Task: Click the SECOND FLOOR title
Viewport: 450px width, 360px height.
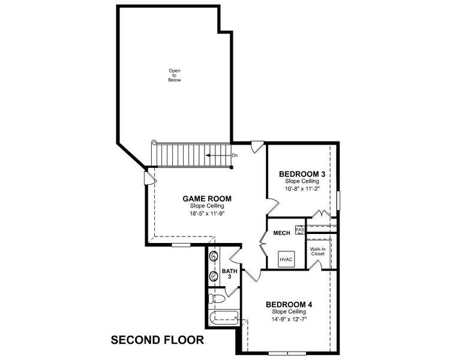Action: pos(157,340)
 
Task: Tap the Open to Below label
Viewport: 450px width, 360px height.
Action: pos(174,76)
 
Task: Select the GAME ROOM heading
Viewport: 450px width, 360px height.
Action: pos(206,199)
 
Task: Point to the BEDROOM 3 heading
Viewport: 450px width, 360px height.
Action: pos(302,174)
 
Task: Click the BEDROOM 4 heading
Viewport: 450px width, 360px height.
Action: pos(289,304)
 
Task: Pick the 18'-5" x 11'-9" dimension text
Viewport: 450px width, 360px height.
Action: pos(206,213)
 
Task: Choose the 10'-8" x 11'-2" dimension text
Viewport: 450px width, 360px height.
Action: pos(302,188)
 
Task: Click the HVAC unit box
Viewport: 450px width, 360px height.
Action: pos(286,259)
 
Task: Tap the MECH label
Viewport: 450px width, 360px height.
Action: pos(281,233)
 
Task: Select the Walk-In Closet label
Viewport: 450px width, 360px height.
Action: pos(317,251)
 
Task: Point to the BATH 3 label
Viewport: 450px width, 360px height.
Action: pos(230,274)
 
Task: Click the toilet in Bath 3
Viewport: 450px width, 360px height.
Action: pos(216,298)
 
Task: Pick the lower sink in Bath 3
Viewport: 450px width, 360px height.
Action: pos(214,277)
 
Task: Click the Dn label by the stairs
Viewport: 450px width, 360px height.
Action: pos(235,155)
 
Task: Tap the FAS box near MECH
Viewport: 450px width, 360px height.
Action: pos(299,230)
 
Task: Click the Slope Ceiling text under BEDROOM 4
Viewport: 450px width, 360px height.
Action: pos(289,311)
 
